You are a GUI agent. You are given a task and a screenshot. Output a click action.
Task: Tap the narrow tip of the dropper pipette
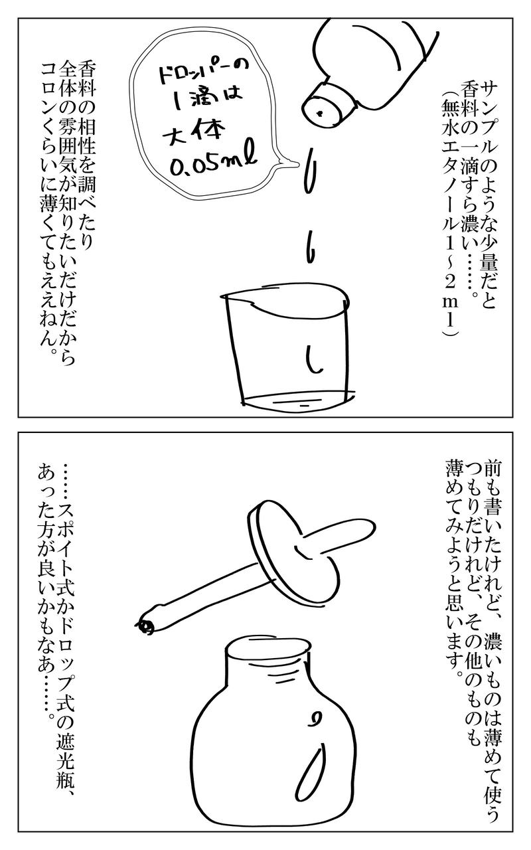145,625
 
